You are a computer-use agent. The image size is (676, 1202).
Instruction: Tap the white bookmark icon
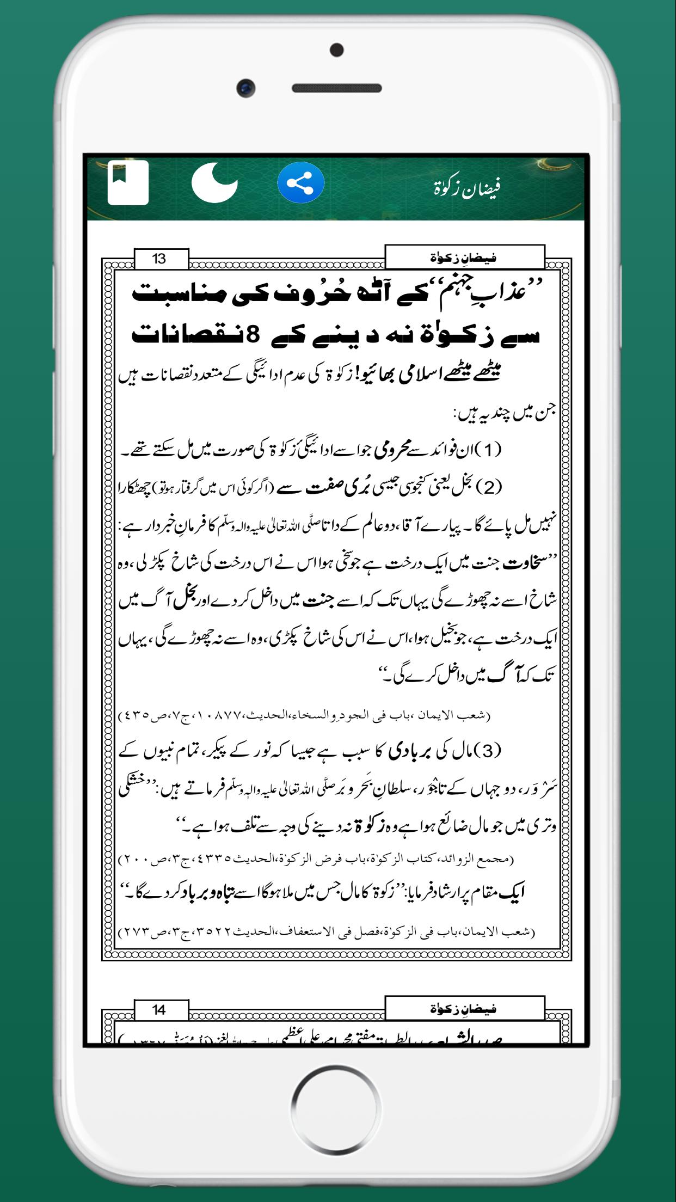pos(128,182)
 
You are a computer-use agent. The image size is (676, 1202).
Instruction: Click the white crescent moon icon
pos(214,182)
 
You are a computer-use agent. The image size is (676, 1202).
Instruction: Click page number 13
pos(159,259)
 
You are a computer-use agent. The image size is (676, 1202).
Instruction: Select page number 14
pos(159,1010)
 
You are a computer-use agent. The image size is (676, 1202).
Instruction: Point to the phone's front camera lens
pos(246,88)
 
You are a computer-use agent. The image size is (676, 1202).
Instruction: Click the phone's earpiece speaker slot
pos(337,88)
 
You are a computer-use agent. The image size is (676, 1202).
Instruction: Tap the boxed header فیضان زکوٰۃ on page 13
pos(464,257)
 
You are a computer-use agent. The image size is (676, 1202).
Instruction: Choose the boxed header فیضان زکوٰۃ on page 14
pos(464,1009)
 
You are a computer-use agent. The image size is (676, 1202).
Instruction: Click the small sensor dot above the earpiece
pos(337,50)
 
